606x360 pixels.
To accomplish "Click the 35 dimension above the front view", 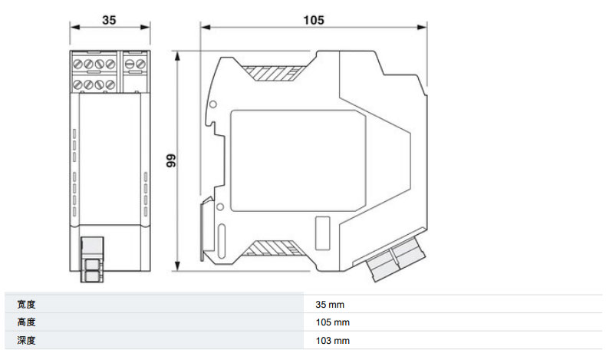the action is pos(109,20).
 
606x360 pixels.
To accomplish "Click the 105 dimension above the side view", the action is pos(314,20).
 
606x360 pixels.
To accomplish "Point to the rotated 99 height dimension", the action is pos(171,160).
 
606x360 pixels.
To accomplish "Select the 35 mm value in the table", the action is pos(330,305).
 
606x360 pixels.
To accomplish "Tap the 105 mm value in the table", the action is pos(332,322).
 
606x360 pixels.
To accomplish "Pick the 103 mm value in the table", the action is pos(332,341).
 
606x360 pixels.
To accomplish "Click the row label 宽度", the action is pos(26,305).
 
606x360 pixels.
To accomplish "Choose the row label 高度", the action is pos(26,322).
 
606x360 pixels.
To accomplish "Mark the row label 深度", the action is pos(26,341).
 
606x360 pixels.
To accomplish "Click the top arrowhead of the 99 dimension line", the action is pos(177,57).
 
